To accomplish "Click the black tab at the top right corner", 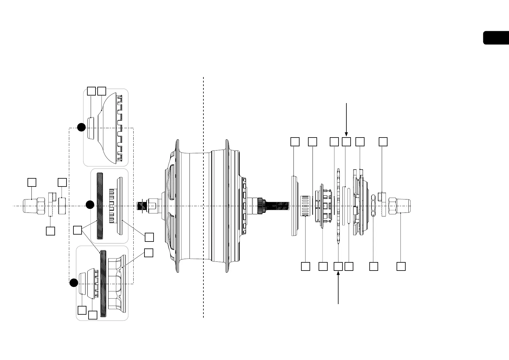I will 496,38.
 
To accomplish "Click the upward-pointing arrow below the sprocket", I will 338,287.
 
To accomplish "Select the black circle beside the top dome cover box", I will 81,127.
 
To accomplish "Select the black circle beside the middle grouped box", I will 90,205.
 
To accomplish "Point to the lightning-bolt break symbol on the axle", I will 141,206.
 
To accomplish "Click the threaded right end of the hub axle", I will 278,206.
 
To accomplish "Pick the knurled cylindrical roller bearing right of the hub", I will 306,206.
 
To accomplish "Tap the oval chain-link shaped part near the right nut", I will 374,206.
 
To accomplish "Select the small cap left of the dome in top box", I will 90,128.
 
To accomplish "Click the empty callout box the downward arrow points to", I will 346,142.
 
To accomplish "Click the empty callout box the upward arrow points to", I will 338,266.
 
